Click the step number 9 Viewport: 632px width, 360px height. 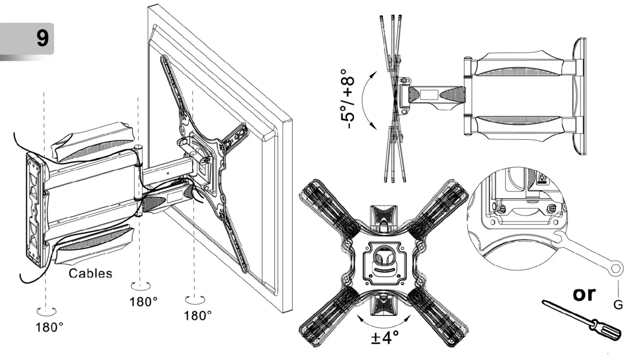(42, 38)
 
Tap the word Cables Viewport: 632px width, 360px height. (90, 273)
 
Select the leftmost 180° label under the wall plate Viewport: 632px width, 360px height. (49, 327)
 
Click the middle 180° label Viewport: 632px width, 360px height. (143, 302)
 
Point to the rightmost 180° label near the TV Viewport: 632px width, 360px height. (198, 315)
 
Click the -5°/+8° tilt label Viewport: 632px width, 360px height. (347, 102)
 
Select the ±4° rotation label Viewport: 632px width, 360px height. (385, 337)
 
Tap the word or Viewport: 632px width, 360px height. (584, 293)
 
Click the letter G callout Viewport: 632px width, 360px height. (618, 305)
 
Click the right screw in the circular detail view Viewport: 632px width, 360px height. (551, 208)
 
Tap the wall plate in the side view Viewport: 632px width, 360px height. (580, 97)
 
